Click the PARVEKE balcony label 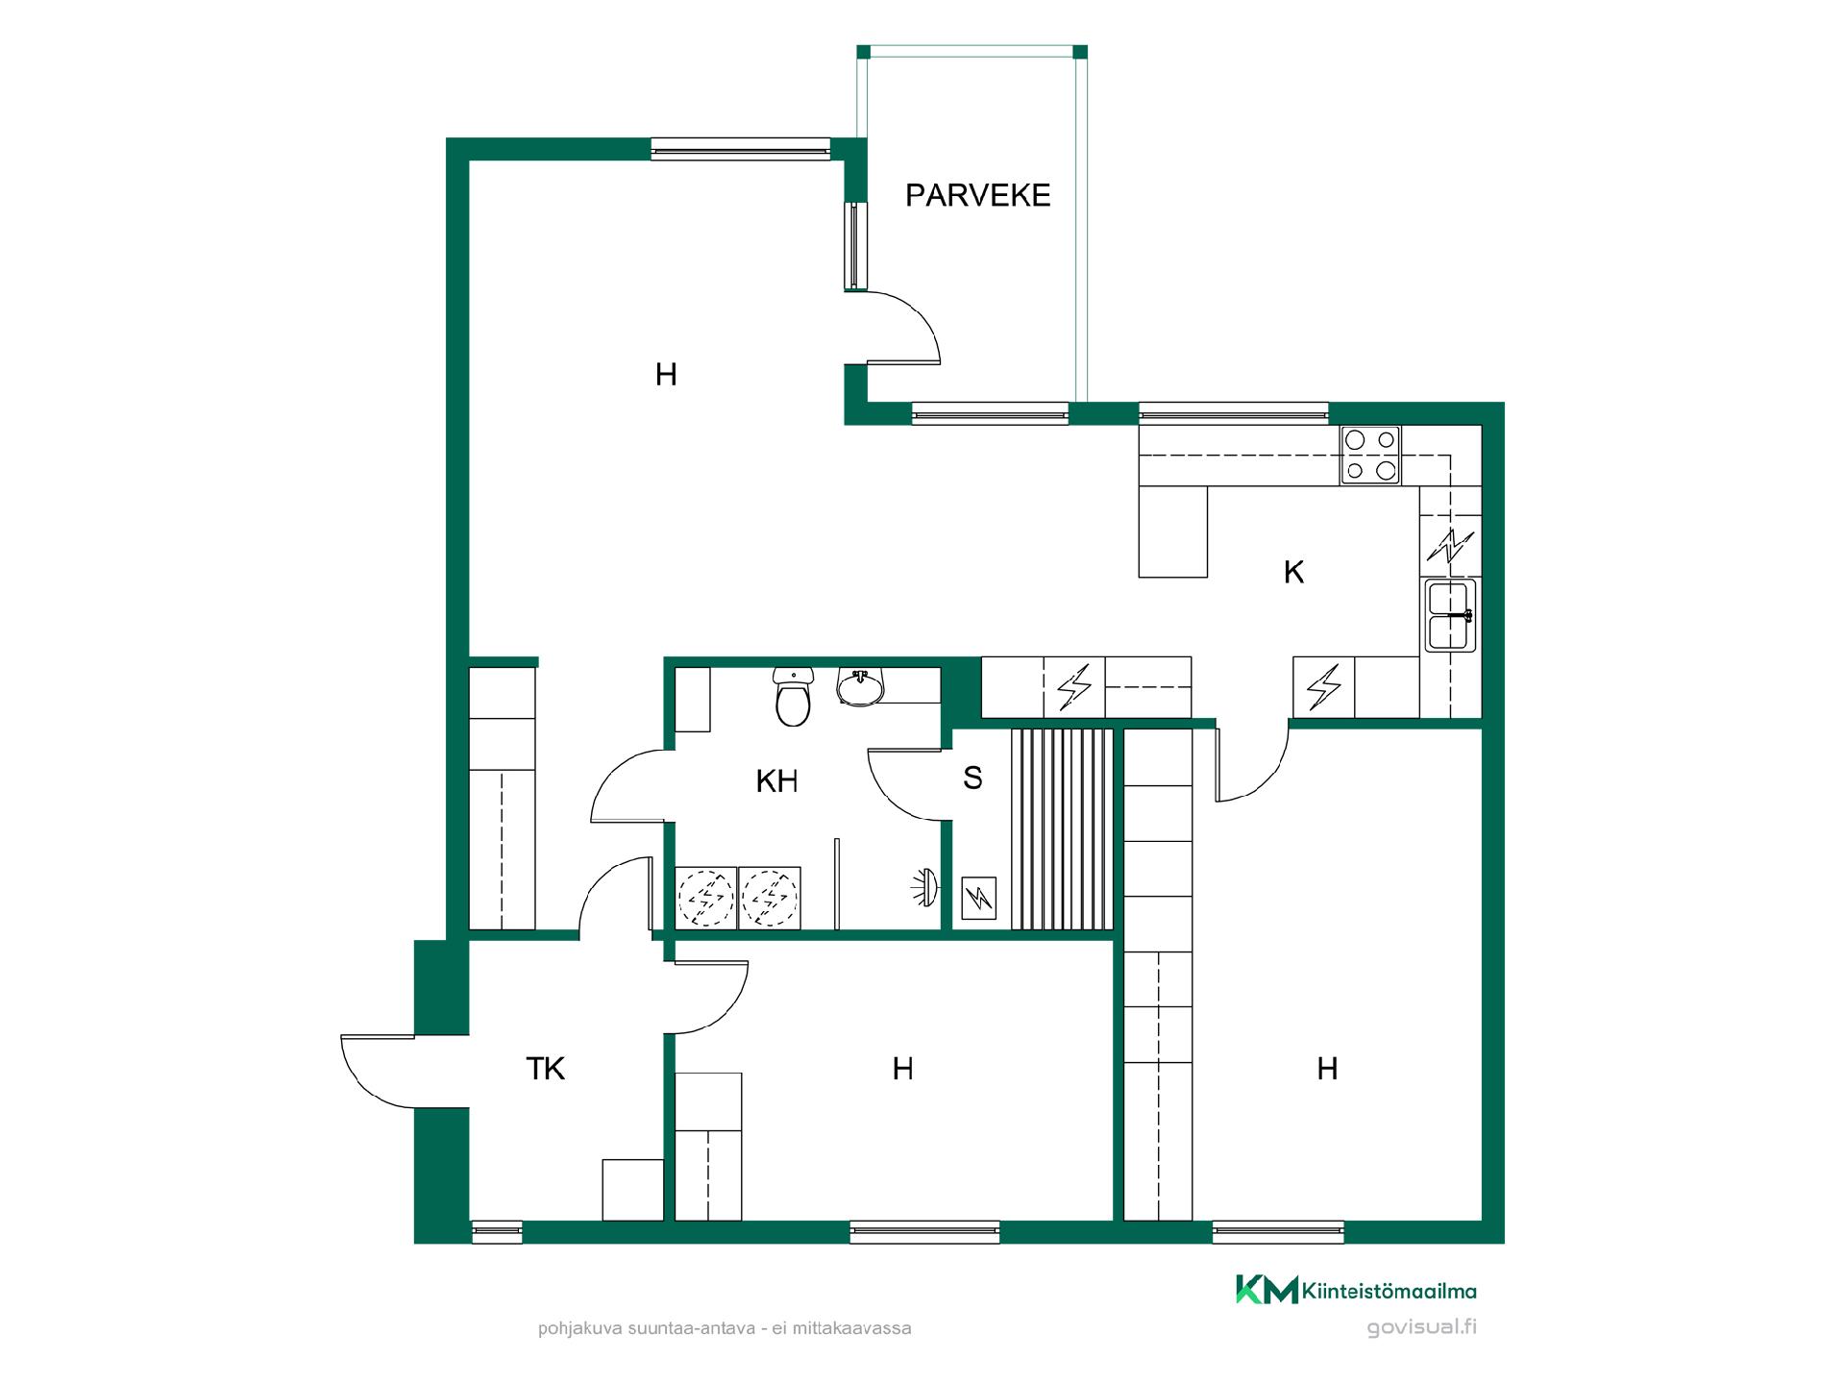pos(977,195)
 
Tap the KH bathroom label pos(776,781)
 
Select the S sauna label pos(972,778)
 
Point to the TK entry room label pos(545,1068)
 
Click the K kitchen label pos(1293,572)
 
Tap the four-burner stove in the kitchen pos(1370,456)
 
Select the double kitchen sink pos(1450,615)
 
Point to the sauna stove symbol pos(979,899)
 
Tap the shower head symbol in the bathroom pos(925,888)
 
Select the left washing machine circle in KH pos(706,898)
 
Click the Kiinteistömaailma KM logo pos(1356,1290)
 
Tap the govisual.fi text pos(1421,1327)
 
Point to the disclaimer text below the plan pos(725,1328)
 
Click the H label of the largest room pos(666,374)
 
